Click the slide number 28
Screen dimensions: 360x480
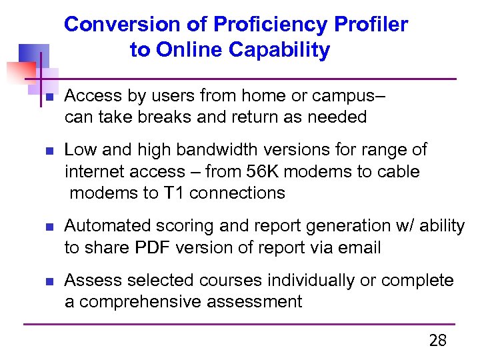(437, 341)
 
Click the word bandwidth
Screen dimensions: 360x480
(203, 149)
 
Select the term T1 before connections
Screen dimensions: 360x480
(171, 193)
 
